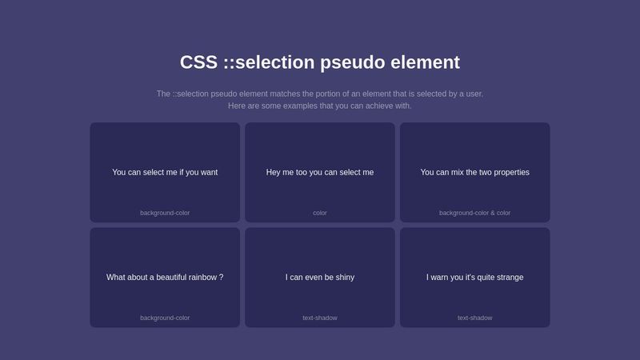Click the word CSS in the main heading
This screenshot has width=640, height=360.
(198, 62)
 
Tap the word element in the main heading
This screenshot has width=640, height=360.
(426, 62)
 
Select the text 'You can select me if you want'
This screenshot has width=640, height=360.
(165, 172)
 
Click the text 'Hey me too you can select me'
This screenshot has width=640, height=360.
(320, 172)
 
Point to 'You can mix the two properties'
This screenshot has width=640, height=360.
(474, 172)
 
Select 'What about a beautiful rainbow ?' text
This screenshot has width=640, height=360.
(165, 277)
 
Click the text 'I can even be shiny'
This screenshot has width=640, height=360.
(320, 277)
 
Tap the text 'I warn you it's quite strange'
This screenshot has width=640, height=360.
(474, 277)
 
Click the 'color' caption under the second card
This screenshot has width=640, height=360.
(320, 213)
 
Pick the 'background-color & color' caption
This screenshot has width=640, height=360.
(474, 213)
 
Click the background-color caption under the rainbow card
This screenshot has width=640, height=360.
(165, 318)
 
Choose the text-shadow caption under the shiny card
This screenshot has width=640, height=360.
(320, 318)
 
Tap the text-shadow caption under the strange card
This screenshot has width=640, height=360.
(474, 318)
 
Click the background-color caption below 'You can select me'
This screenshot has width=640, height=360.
(165, 213)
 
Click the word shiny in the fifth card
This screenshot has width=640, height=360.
(345, 277)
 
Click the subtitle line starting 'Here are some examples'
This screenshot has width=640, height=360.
(320, 106)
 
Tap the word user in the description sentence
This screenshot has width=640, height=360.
(474, 94)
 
